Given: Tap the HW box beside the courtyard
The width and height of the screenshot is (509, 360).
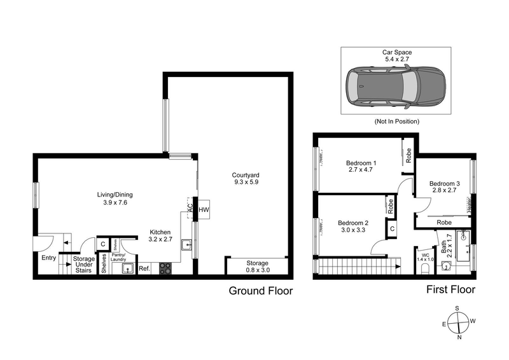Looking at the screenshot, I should coord(204,209).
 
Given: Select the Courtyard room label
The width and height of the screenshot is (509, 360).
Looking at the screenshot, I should coord(244,179).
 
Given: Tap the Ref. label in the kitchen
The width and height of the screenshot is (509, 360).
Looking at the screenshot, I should coord(144,269).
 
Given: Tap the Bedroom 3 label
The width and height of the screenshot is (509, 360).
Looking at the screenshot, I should coord(443,184).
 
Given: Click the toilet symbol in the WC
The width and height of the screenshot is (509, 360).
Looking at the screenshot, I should coord(425,270).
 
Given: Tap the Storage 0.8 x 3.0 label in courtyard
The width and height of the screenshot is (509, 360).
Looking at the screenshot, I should coord(258,267).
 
